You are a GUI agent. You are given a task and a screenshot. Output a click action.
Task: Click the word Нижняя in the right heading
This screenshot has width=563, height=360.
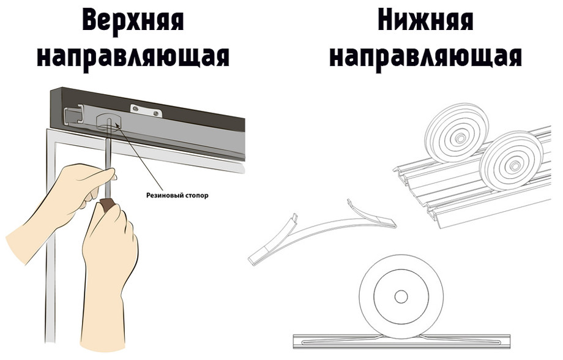[425, 22]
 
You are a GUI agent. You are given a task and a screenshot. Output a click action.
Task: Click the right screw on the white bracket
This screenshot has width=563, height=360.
[157, 113]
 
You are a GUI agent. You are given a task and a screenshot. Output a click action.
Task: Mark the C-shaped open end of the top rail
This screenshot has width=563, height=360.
[73, 113]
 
